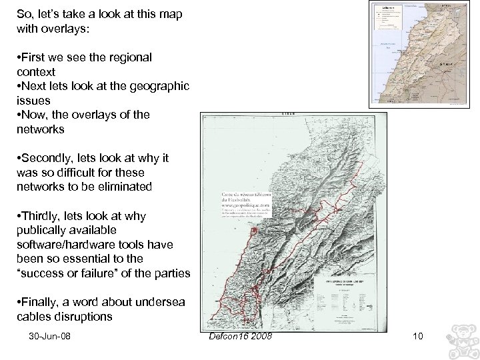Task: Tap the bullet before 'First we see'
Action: tap(19, 57)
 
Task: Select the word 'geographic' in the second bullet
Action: tap(161, 86)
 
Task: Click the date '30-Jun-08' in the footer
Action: tap(50, 336)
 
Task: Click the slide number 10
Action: tap(418, 336)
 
